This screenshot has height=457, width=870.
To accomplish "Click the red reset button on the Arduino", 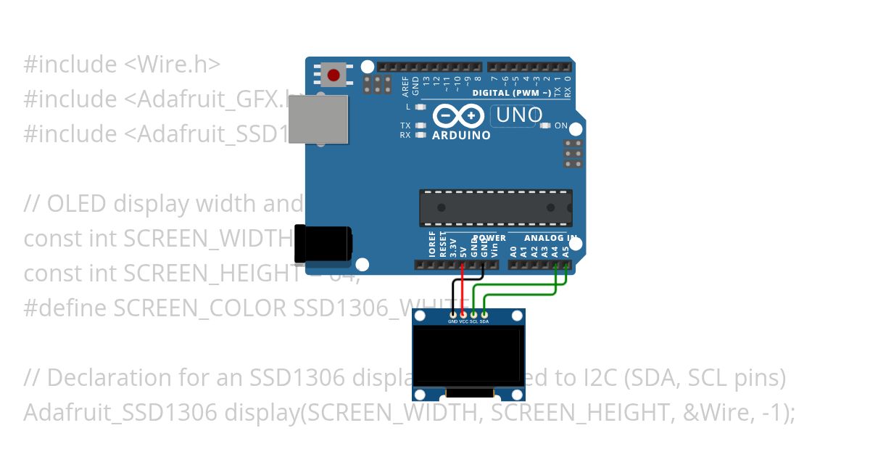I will tap(333, 75).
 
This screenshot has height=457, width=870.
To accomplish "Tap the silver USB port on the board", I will tap(318, 119).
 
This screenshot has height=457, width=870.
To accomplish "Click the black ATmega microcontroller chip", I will tap(496, 207).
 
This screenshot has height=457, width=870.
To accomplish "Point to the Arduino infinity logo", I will tap(458, 116).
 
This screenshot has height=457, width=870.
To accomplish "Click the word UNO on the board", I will tap(519, 115).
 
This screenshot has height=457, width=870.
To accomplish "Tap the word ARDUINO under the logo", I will tap(461, 136).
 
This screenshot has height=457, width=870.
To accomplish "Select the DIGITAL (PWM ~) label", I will tap(511, 93).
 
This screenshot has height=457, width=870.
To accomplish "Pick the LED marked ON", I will tap(546, 125).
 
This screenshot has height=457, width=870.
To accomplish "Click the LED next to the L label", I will tap(420, 107).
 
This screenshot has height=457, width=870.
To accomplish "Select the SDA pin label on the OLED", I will tap(484, 321).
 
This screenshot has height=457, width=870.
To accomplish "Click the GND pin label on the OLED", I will tap(453, 321).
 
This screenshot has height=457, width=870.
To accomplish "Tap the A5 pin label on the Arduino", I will tap(565, 252).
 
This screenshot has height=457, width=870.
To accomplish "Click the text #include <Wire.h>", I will tap(122, 65).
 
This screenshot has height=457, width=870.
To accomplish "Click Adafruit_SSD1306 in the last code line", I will tap(120, 413).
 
